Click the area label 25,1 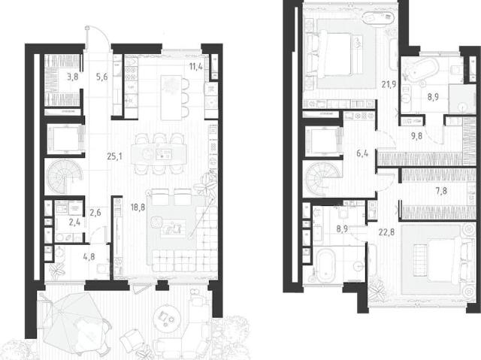point(114,156)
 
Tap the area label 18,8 point(138,207)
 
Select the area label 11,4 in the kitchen point(195,66)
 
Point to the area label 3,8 point(73,77)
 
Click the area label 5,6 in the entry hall point(102,77)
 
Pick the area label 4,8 point(89,256)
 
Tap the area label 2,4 point(74,222)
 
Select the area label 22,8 point(386,232)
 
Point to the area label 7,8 point(441,192)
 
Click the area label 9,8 point(416,135)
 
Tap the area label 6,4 point(362,153)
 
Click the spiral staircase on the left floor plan point(65,177)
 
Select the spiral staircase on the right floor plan point(322,179)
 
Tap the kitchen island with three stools point(171,98)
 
